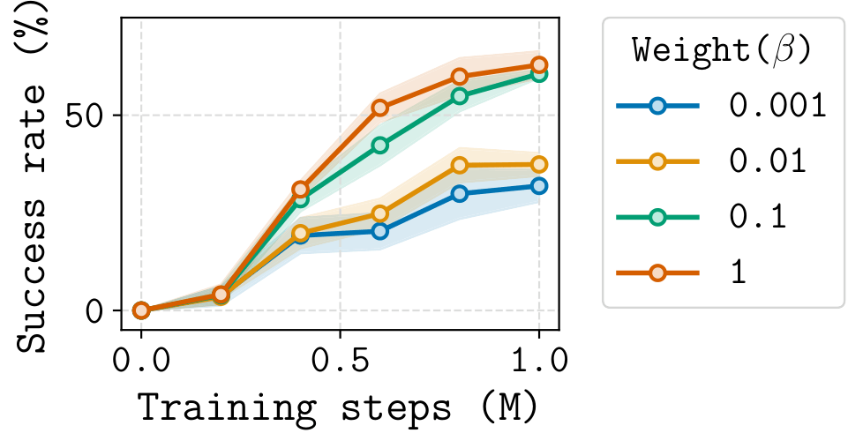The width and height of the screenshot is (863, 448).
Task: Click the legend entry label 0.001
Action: coord(777,106)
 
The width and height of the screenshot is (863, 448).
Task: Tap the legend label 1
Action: coord(738,273)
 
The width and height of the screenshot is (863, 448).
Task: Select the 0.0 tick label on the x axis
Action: coord(141,361)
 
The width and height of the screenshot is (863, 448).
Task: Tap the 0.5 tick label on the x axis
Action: coord(340,361)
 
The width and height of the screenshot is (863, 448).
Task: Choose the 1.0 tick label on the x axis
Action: coord(537,361)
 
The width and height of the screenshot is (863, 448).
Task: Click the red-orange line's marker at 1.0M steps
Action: coord(538,65)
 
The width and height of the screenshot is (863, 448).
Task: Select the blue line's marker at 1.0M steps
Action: coord(538,186)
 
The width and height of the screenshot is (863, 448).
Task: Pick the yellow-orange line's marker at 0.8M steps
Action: coord(459,166)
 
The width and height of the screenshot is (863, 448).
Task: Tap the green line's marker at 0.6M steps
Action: coord(379,146)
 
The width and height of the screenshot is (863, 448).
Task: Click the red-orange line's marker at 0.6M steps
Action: coord(379,108)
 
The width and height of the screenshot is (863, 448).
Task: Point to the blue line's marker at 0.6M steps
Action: coord(379,231)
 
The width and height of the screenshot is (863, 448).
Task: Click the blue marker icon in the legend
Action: coord(657,106)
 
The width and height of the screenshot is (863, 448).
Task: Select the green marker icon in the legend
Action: coord(657,217)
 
